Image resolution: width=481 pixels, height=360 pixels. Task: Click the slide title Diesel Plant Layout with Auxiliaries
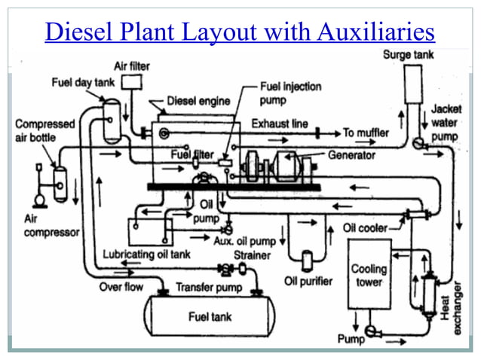(240, 32)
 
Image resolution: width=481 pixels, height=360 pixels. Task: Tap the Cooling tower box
(369, 274)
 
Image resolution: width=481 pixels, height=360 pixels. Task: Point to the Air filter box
(133, 82)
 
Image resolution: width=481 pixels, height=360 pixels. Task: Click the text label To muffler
(366, 133)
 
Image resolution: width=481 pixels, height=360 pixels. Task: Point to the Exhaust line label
(279, 123)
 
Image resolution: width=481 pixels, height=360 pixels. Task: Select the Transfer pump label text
(209, 287)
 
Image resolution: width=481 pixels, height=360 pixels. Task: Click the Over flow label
(121, 287)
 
